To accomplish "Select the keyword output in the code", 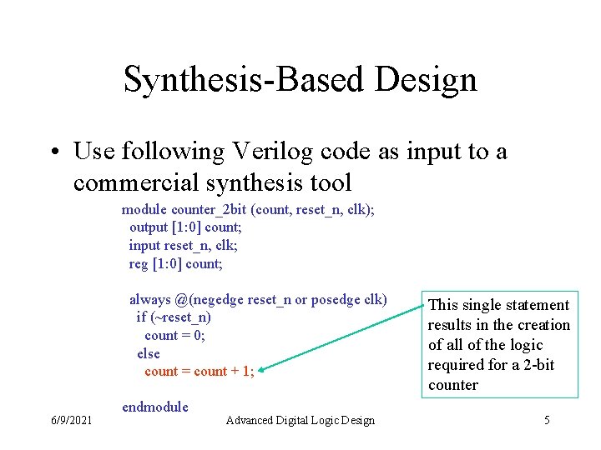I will pyautogui.click(x=150, y=227).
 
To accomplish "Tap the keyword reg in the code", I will pyautogui.click(x=139, y=264).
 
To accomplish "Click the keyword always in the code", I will pyautogui.click(x=150, y=299).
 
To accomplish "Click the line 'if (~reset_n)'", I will pyautogui.click(x=174, y=317).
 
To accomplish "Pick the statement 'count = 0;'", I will pyautogui.click(x=174, y=336).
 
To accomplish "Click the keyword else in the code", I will pyautogui.click(x=149, y=354).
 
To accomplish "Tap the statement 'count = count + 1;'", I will pyautogui.click(x=199, y=372).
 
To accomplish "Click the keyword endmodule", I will pyautogui.click(x=155, y=407).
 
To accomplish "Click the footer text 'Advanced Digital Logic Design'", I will pyautogui.click(x=300, y=420).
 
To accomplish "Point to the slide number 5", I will pyautogui.click(x=547, y=420).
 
